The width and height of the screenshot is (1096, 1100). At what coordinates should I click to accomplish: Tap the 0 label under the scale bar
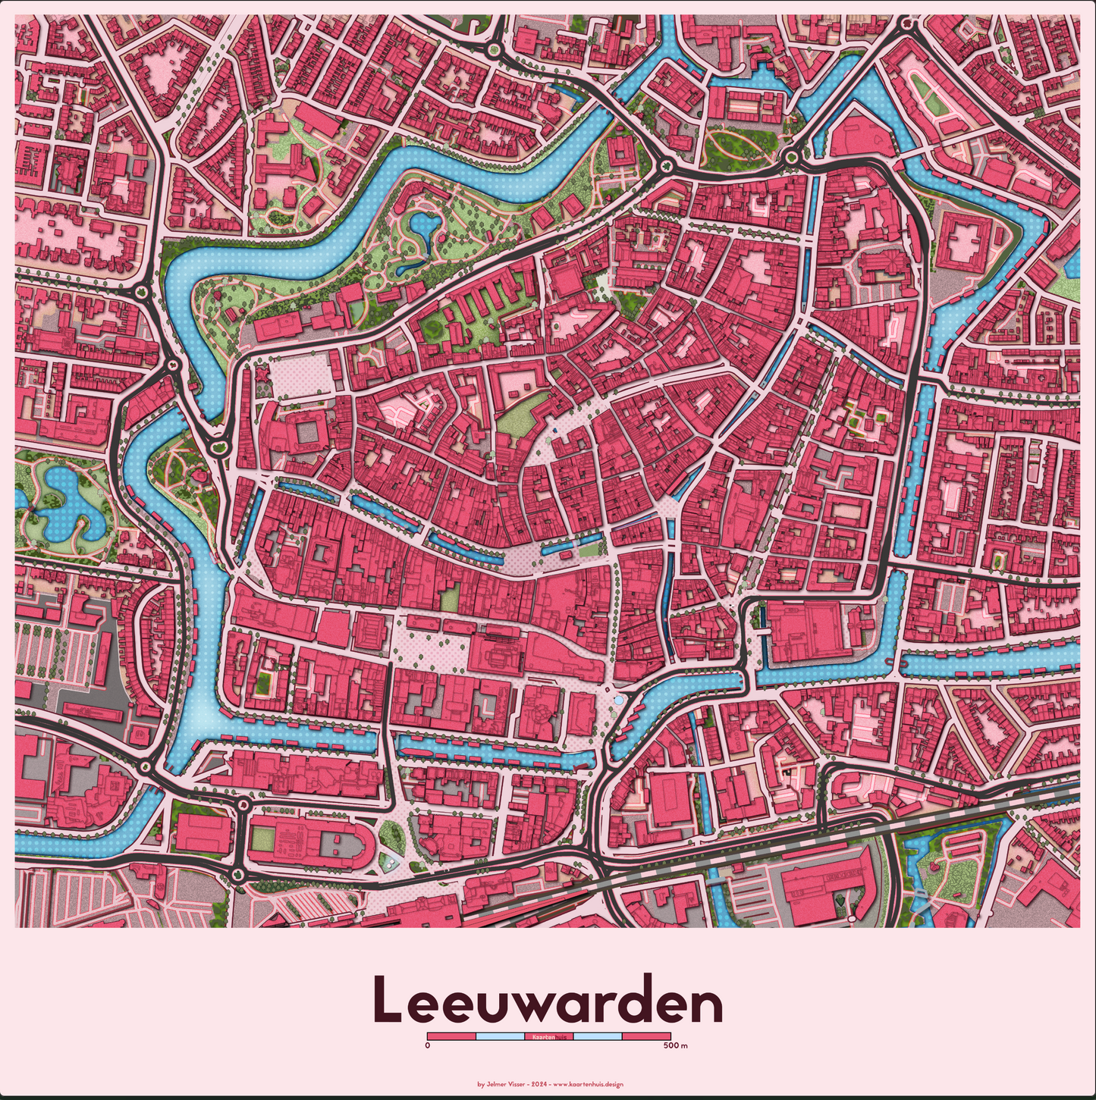(428, 1046)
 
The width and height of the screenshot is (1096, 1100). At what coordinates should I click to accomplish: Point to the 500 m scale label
(674, 1046)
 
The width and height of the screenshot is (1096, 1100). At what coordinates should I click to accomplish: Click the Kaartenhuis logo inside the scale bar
(548, 1036)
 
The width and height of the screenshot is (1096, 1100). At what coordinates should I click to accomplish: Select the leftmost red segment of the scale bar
(451, 1036)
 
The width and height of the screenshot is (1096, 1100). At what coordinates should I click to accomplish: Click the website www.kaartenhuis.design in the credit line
(588, 1084)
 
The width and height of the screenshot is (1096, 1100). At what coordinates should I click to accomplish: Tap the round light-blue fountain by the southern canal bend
(620, 700)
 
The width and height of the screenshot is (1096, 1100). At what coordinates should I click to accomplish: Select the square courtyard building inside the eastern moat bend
(965, 237)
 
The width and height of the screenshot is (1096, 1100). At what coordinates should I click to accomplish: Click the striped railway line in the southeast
(948, 823)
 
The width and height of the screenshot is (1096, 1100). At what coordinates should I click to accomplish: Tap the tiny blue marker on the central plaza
(554, 430)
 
